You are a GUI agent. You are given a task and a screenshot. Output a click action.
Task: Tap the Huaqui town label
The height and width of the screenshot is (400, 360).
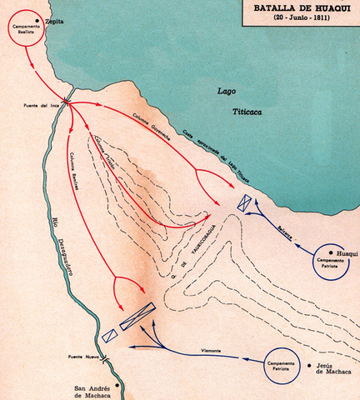click(346, 253)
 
